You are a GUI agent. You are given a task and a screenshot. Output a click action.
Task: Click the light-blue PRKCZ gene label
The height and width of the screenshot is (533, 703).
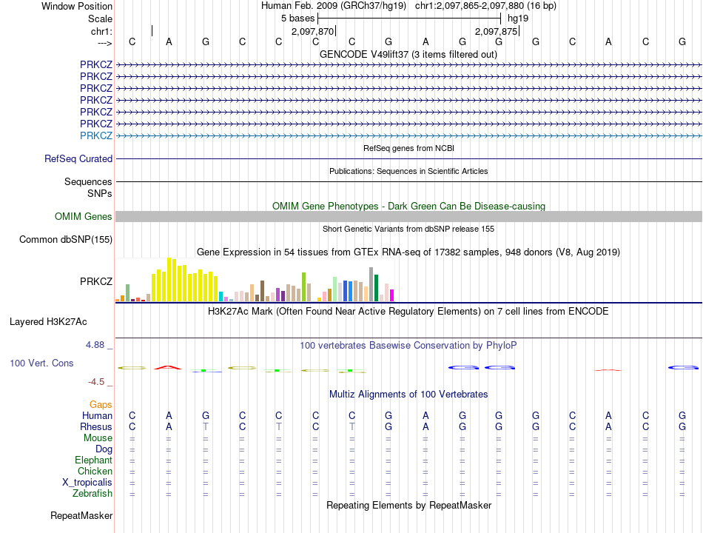pyautogui.click(x=96, y=135)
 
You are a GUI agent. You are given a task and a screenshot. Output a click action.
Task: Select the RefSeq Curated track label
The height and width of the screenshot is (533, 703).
pyautogui.click(x=78, y=159)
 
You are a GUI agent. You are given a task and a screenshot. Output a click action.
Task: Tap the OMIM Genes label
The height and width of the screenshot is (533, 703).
pyautogui.click(x=84, y=217)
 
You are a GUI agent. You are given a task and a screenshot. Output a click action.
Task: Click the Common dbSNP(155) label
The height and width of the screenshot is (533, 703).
pyautogui.click(x=66, y=240)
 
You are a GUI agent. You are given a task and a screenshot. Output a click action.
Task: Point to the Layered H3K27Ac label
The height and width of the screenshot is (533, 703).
pyautogui.click(x=48, y=322)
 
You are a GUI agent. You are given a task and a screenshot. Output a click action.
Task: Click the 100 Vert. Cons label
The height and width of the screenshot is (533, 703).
pyautogui.click(x=41, y=363)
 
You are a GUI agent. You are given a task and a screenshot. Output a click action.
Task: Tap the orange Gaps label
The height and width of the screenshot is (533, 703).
pyautogui.click(x=101, y=405)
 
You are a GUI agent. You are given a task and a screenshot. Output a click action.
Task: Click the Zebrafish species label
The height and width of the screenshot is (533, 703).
pyautogui.click(x=92, y=494)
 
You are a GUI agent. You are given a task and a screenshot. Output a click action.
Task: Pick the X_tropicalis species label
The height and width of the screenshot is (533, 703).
pyautogui.click(x=87, y=483)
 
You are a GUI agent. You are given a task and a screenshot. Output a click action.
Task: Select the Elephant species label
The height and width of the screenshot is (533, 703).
pyautogui.click(x=94, y=460)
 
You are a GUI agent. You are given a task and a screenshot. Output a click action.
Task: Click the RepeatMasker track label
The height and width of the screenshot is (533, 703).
pyautogui.click(x=81, y=516)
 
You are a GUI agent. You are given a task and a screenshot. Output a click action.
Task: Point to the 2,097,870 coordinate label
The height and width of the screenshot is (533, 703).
pyautogui.click(x=312, y=31)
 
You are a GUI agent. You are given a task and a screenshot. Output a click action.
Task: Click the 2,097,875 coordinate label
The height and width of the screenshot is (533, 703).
pyautogui.click(x=497, y=31)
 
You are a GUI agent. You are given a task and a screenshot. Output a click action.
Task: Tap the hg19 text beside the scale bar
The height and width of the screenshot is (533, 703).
pyautogui.click(x=518, y=19)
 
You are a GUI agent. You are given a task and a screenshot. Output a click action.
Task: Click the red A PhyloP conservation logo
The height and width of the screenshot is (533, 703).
pyautogui.click(x=168, y=368)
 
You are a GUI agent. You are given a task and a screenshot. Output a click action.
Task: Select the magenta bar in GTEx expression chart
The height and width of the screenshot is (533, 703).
pyautogui.click(x=392, y=295)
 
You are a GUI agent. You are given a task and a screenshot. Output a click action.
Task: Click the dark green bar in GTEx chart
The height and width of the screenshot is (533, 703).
pyautogui.click(x=377, y=287)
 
